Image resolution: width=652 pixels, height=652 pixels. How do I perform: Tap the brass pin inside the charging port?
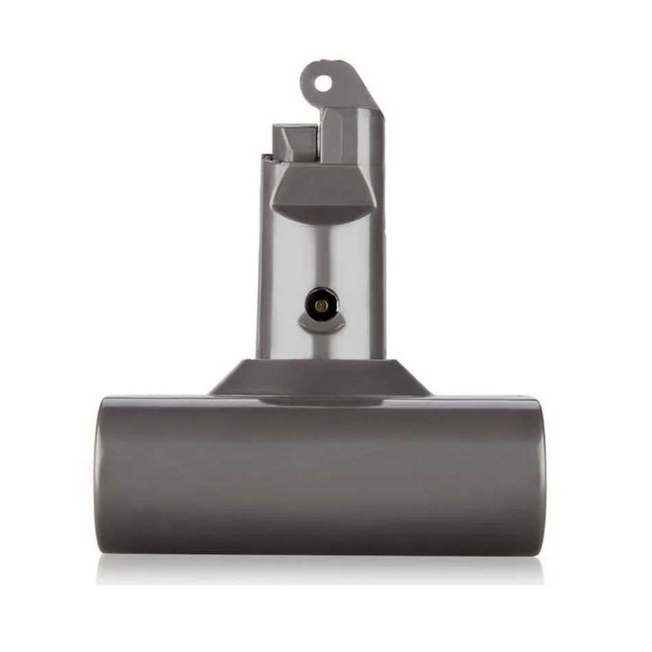click(321, 301)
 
